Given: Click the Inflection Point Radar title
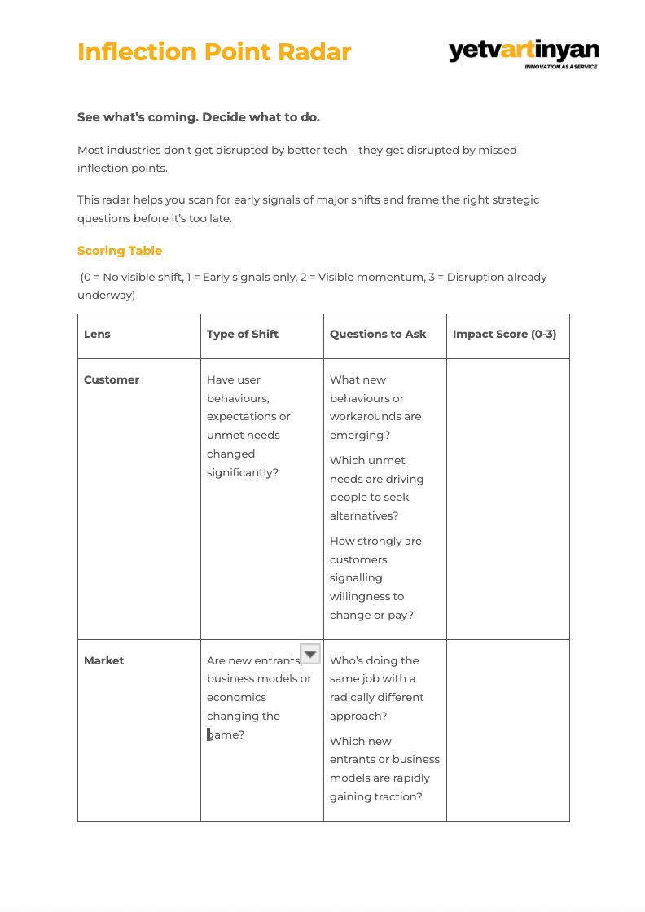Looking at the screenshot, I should pos(214,52).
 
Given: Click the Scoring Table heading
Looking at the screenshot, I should pos(120,251).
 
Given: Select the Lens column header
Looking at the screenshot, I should pos(97,334).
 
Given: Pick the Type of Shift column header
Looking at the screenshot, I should pos(243,334).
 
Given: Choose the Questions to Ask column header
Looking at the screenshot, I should pos(378,334).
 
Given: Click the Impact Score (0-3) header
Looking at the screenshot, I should pos(505,334).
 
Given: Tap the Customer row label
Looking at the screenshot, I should pos(112,379).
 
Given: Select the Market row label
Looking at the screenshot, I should pos(104,660).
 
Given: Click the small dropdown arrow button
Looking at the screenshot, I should pos(310,653).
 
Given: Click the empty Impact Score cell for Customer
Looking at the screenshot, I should pos(507,498).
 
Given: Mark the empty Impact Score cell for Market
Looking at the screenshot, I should pos(507,730).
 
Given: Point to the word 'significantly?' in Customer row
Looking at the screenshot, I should pos(243,472).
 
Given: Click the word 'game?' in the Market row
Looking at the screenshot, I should pos(227,734).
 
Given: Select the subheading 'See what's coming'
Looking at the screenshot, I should pos(199,117).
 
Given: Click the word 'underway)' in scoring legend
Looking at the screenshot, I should pos(106,296).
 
